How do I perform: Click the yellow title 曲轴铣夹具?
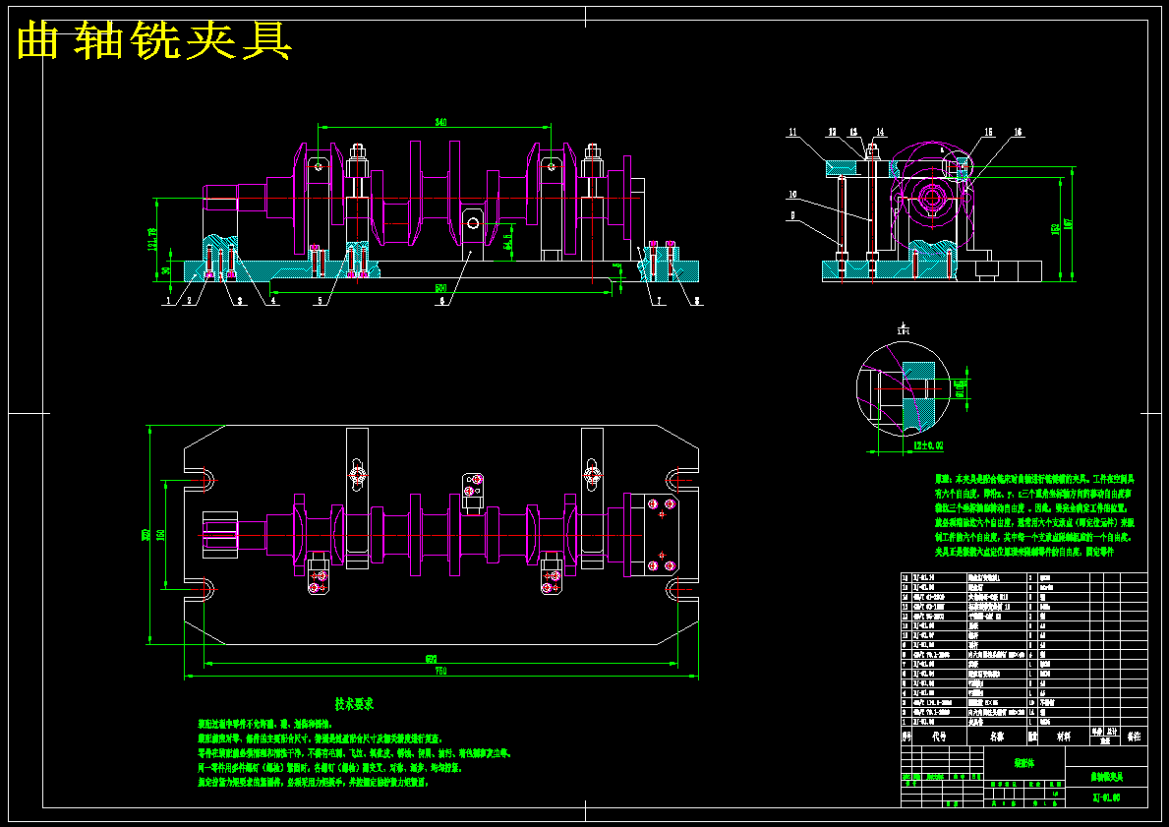pyautogui.click(x=154, y=41)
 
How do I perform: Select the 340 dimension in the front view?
pyautogui.click(x=439, y=123)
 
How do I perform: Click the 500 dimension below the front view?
pyautogui.click(x=439, y=288)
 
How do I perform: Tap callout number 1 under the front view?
pyautogui.click(x=167, y=302)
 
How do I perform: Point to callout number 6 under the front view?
pyautogui.click(x=441, y=302)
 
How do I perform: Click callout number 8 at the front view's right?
pyautogui.click(x=696, y=302)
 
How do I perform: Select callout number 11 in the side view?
pyautogui.click(x=792, y=132)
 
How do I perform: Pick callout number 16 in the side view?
pyautogui.click(x=1018, y=132)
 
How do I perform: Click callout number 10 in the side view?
pyautogui.click(x=792, y=194)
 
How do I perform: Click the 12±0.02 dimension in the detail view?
pyautogui.click(x=926, y=446)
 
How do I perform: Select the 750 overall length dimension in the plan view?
pyautogui.click(x=439, y=672)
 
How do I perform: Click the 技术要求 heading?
pyautogui.click(x=354, y=704)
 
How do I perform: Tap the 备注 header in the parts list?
pyautogui.click(x=1134, y=736)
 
